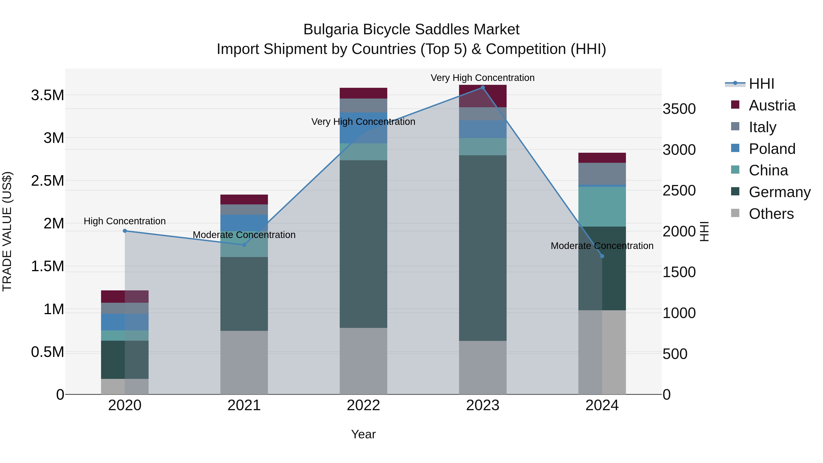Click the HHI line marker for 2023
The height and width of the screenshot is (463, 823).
tap(482, 88)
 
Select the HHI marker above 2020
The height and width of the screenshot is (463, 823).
tap(125, 231)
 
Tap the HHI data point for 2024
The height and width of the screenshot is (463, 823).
tap(602, 256)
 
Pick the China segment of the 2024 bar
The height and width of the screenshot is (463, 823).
tap(602, 206)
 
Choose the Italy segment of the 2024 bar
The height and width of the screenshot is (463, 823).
tap(602, 174)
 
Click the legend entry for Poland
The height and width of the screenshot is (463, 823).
tap(772, 149)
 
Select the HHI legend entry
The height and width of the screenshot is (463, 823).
tap(761, 84)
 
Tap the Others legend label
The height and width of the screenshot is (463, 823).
tap(771, 214)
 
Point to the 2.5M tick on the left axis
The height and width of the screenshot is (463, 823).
tap(47, 181)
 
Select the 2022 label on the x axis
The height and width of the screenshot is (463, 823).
tap(363, 405)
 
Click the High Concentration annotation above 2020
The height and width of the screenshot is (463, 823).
tap(125, 221)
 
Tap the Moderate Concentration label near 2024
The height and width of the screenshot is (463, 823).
tap(602, 246)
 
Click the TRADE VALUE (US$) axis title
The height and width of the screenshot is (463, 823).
tap(7, 231)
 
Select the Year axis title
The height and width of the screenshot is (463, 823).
tap(363, 434)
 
